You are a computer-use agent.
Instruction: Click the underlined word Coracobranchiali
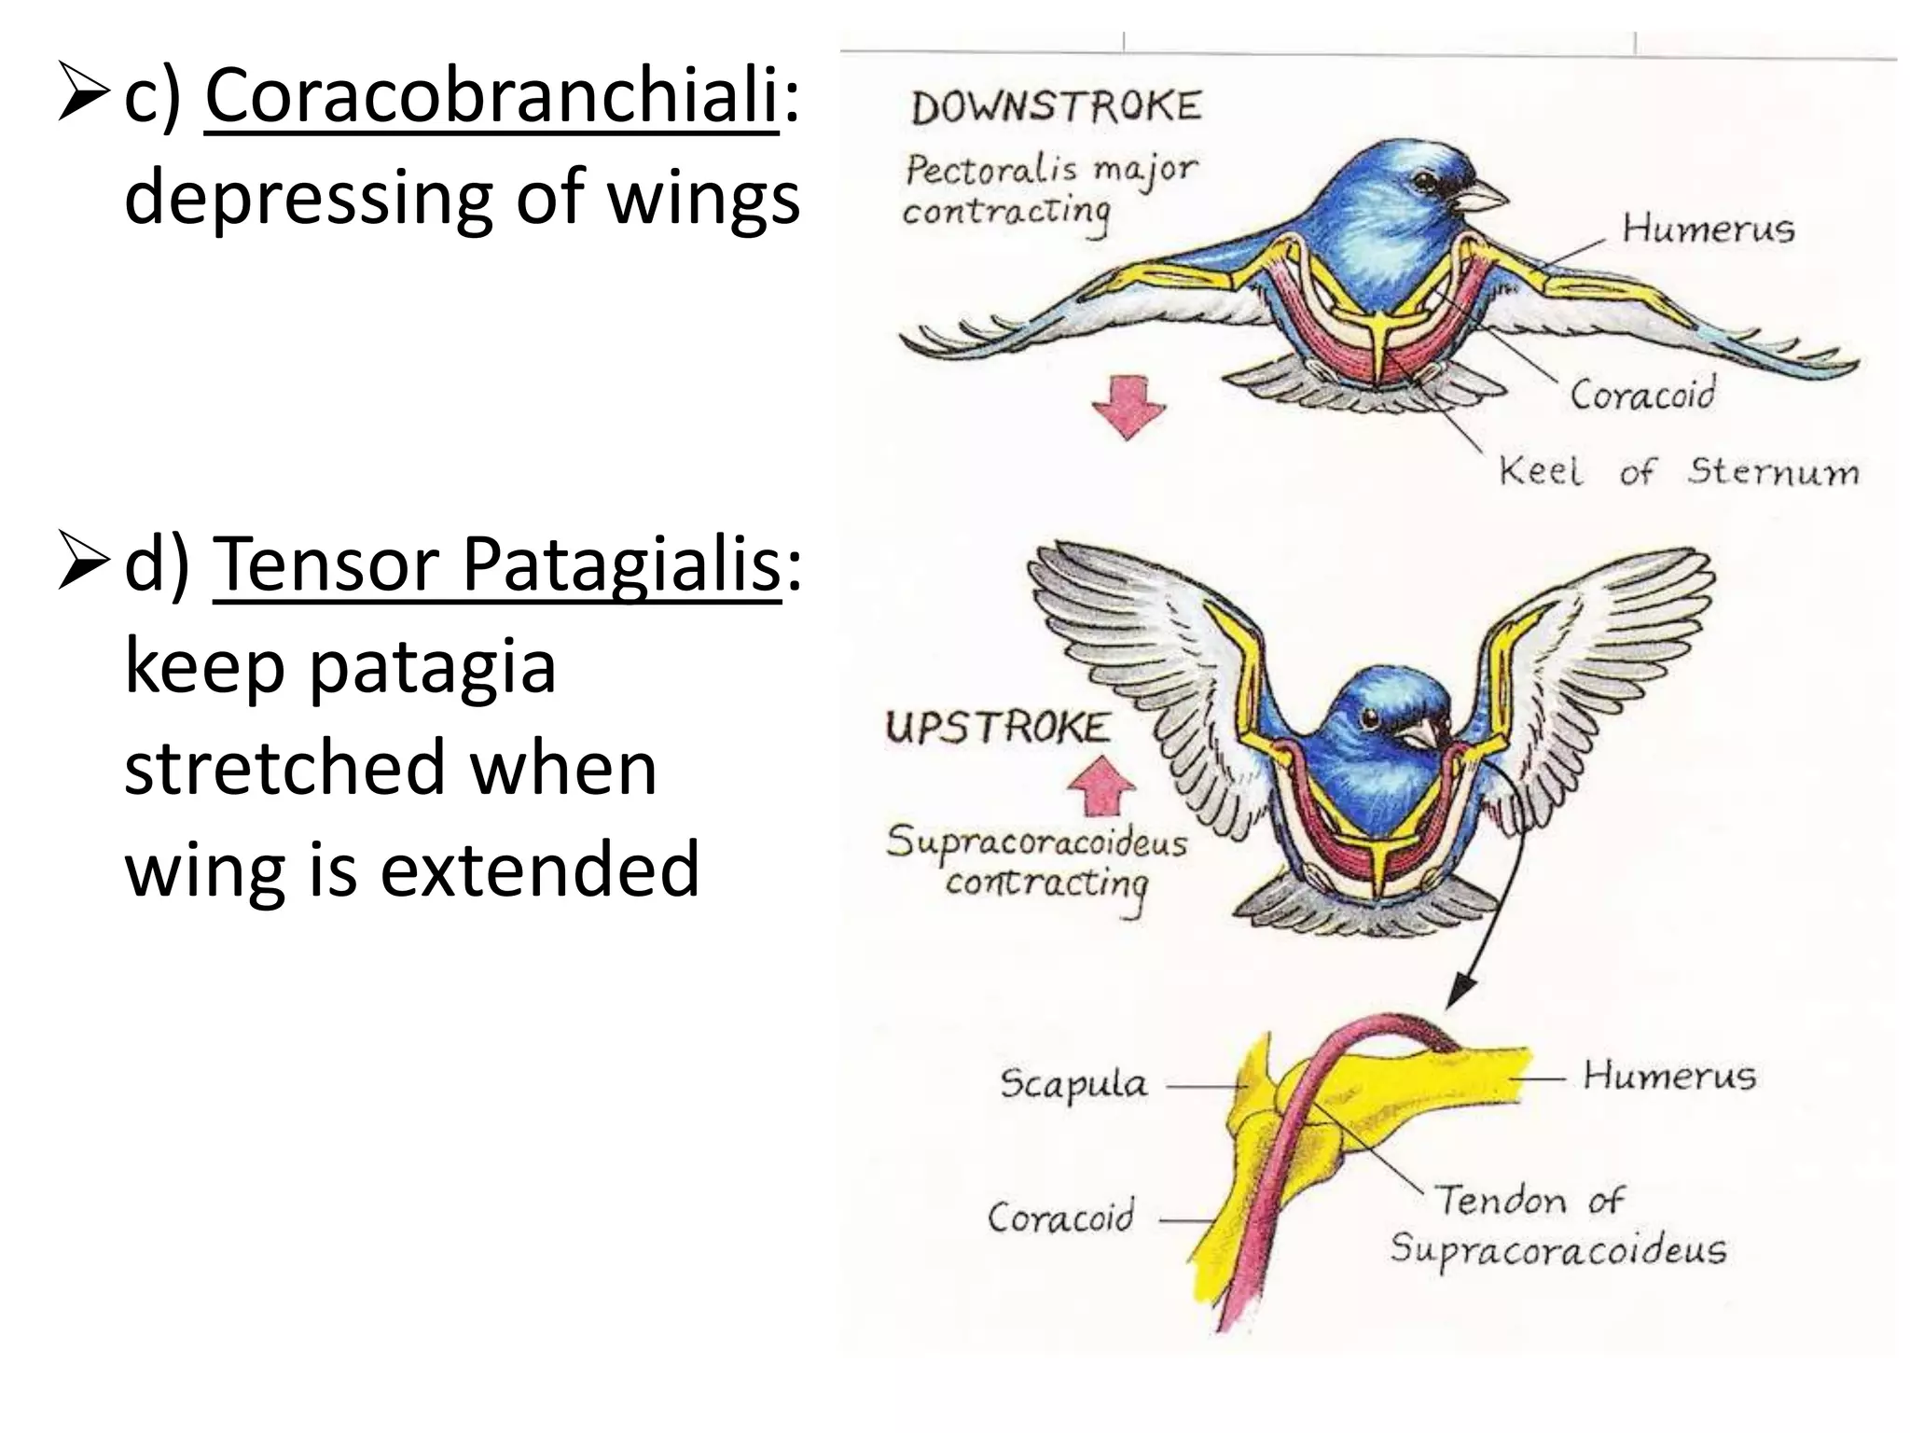491,98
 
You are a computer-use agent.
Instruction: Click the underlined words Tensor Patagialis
496,565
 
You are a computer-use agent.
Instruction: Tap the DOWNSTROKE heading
1056,107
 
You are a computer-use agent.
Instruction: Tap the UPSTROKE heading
998,727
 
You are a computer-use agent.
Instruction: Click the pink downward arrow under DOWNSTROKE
1128,408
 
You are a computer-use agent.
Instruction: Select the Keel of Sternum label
1677,471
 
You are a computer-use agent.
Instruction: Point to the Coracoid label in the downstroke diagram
1642,394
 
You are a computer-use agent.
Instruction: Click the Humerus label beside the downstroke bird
1708,230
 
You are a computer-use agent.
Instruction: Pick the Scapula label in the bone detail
1073,1085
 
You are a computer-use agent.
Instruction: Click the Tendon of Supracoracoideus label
1557,1224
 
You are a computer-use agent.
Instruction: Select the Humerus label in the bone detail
1668,1077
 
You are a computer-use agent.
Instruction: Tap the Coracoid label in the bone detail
1061,1217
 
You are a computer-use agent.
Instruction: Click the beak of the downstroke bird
1481,194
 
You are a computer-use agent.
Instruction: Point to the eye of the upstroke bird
1371,718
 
